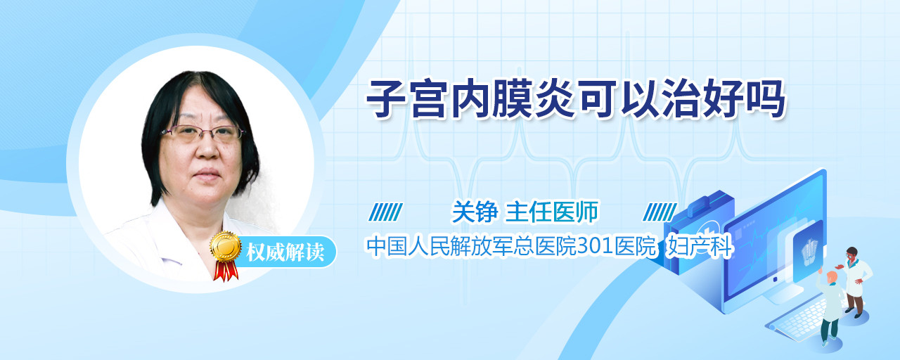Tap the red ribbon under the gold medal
pyautogui.click(x=226, y=271)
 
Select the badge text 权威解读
pyautogui.click(x=285, y=252)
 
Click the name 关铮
pyautogui.click(x=475, y=212)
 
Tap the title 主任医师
pyautogui.click(x=552, y=212)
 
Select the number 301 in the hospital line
pyautogui.click(x=596, y=246)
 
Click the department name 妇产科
pyautogui.click(x=699, y=246)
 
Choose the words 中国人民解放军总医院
pyautogui.click(x=471, y=246)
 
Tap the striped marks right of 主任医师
pyautogui.click(x=660, y=212)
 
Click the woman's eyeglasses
pyautogui.click(x=203, y=133)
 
